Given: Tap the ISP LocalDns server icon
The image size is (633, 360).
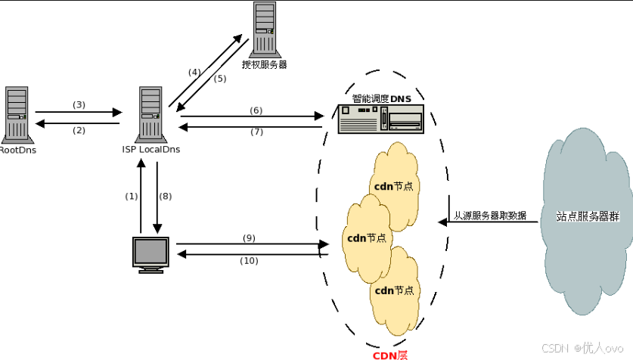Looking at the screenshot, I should [x=151, y=113].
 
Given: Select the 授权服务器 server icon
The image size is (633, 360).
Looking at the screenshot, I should [x=265, y=29].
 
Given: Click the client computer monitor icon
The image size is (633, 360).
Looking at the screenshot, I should [x=150, y=254].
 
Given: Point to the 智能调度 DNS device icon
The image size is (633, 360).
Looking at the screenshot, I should [x=380, y=119].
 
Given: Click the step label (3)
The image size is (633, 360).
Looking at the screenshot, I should [x=79, y=104].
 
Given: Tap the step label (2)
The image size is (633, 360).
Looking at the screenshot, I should [x=79, y=130].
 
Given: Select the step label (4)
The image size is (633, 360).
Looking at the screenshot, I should [x=194, y=72].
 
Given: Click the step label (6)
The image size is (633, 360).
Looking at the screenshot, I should [x=256, y=110].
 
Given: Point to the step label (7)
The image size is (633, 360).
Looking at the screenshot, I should [x=256, y=132].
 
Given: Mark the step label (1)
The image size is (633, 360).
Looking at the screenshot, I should [x=132, y=196].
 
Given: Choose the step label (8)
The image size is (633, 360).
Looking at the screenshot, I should [x=165, y=196].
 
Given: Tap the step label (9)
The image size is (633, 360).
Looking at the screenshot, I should [x=249, y=237].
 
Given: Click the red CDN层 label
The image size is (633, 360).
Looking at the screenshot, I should [x=390, y=354].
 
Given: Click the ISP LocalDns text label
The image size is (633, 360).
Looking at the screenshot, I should [x=150, y=149].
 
